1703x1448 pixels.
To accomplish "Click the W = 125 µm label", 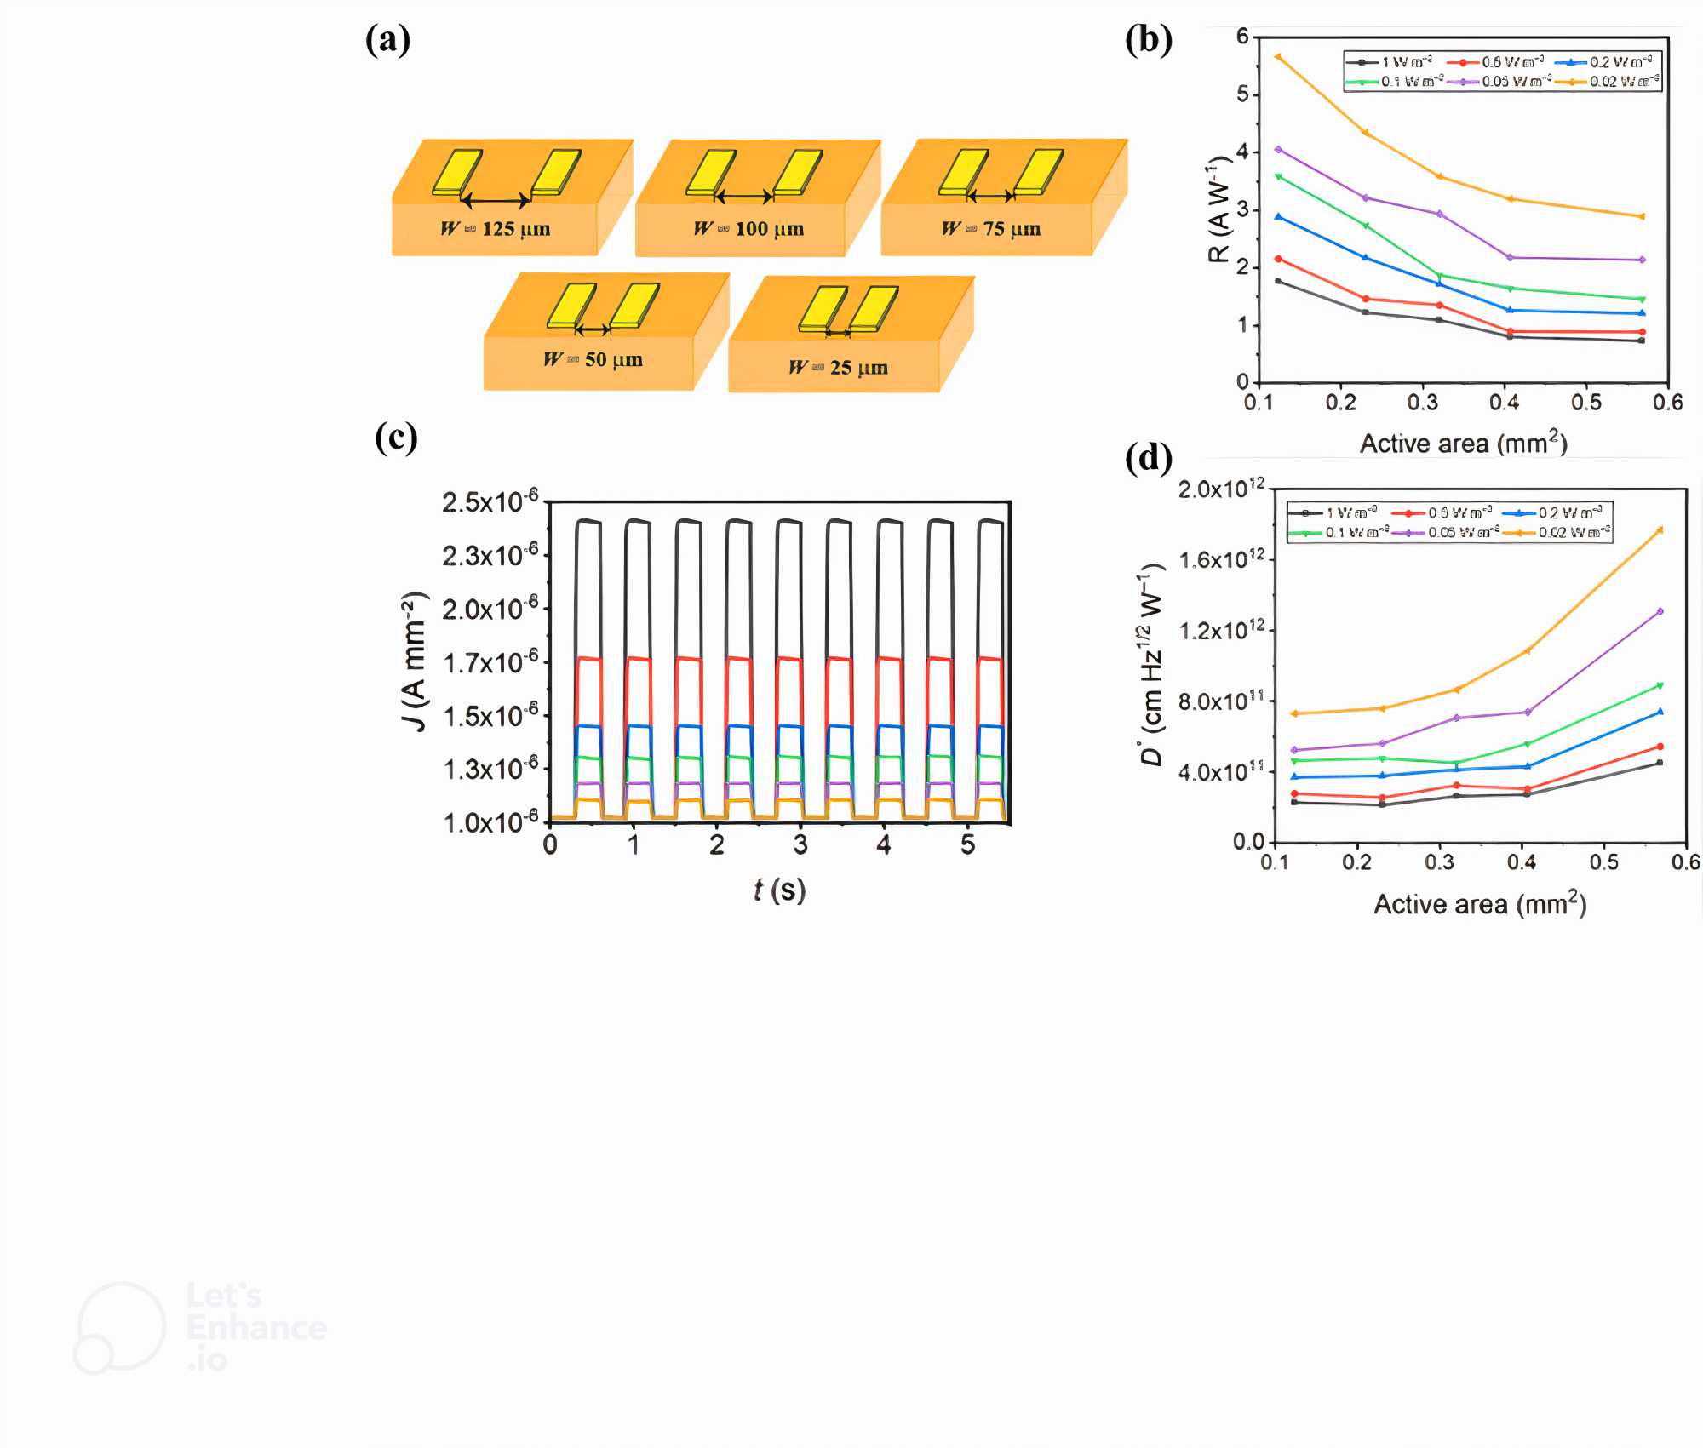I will point(495,229).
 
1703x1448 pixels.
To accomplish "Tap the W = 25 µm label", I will point(839,368).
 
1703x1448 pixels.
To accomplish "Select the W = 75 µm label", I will point(991,229).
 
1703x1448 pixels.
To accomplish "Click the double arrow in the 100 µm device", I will point(743,197).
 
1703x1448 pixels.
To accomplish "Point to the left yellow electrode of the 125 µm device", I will point(457,172).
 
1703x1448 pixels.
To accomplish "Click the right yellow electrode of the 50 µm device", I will point(634,306).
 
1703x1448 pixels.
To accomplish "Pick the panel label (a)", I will point(388,40).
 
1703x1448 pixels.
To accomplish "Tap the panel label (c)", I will point(396,438).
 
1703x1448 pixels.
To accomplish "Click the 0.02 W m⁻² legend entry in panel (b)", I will point(1608,82).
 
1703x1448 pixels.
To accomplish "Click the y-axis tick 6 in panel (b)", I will point(1242,36).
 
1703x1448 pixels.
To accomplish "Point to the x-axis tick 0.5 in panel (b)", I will point(1585,403).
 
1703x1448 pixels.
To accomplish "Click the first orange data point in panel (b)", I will point(1278,57).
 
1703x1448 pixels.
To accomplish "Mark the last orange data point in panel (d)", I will point(1660,530).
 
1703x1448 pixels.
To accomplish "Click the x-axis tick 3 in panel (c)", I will point(800,845).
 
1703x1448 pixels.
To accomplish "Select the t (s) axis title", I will point(779,890).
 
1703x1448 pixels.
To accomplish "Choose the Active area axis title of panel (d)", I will point(1480,904).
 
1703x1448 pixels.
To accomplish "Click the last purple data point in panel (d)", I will point(1660,611).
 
